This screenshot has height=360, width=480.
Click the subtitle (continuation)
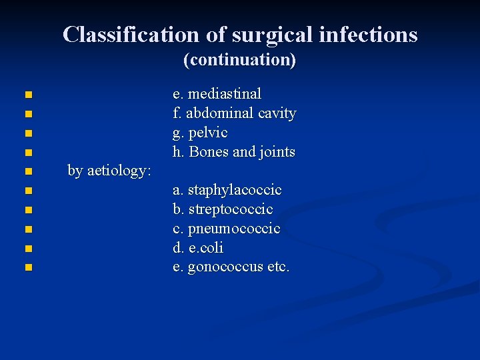point(239,60)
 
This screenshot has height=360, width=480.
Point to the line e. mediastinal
point(217,94)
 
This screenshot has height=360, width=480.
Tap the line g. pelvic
point(200,133)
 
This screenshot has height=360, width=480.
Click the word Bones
point(209,152)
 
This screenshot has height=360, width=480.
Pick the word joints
point(277,152)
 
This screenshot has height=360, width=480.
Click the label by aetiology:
point(110,171)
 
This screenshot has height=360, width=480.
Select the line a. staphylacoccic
point(227,191)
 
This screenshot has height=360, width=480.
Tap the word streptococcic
point(230,210)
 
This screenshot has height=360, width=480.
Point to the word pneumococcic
point(234,229)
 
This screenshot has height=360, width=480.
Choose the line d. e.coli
point(198,249)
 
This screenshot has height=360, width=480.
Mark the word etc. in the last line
point(278,268)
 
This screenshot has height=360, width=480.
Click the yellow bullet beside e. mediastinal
point(27,95)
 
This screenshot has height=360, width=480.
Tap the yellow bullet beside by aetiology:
point(27,172)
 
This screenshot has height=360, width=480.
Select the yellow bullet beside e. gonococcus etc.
point(27,269)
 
